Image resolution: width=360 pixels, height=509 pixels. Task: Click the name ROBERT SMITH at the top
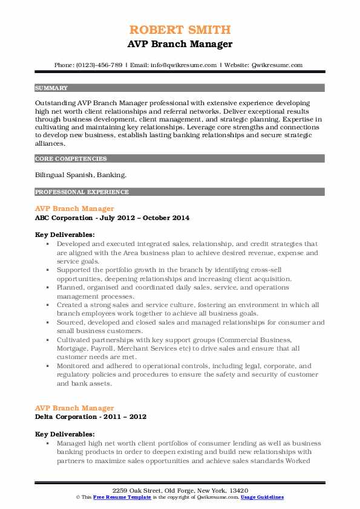[x=180, y=30]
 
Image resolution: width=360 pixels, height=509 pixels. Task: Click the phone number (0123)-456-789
[x=100, y=65]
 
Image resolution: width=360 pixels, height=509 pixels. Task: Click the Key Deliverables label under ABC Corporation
[x=65, y=234]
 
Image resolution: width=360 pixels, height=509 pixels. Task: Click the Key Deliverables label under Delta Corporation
[x=65, y=434]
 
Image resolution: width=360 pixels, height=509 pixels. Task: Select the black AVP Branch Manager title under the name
[x=180, y=44]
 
